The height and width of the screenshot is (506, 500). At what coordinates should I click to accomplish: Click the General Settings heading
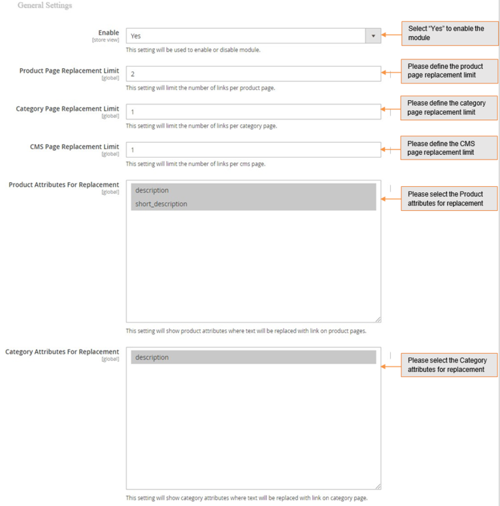click(45, 5)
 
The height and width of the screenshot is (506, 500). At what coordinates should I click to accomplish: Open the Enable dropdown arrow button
click(373, 36)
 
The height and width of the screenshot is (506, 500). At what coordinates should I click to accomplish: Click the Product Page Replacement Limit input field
click(253, 74)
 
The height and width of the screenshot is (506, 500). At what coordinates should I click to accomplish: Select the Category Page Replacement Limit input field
click(253, 112)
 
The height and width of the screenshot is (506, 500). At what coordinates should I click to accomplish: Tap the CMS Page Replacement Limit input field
click(253, 150)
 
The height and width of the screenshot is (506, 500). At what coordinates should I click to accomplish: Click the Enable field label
click(108, 33)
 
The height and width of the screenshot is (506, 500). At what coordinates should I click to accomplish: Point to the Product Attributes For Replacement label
click(64, 185)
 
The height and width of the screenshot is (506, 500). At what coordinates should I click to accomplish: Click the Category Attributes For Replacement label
click(62, 352)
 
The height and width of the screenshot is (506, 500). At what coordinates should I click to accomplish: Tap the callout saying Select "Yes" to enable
click(449, 33)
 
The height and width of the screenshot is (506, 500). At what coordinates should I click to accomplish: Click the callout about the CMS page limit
click(449, 148)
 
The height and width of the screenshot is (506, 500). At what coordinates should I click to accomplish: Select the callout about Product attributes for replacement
click(449, 198)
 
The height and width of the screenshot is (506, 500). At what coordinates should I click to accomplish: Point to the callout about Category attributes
click(449, 364)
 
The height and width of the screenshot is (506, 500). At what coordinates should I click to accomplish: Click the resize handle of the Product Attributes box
click(378, 320)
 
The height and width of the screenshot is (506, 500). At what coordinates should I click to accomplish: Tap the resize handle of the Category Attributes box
click(378, 487)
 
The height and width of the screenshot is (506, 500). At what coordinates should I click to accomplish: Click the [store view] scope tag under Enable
click(105, 40)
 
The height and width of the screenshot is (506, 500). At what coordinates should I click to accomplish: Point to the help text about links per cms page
click(195, 164)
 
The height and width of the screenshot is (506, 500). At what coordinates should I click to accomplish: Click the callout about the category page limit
click(449, 107)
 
